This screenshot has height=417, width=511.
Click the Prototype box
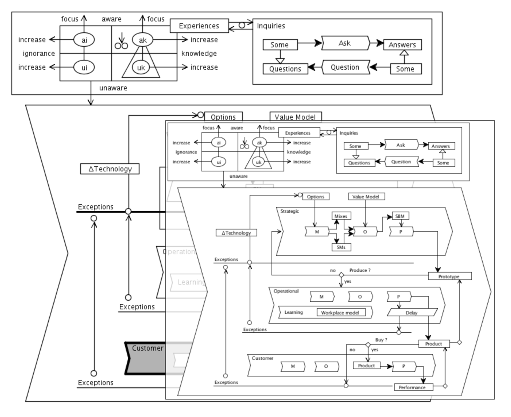450,276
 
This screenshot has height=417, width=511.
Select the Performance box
413,387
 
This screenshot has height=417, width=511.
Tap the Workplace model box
341,312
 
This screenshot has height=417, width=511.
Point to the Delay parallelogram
412,312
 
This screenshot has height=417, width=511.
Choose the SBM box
400,216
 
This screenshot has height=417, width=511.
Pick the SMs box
341,247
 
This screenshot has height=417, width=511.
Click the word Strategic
290,211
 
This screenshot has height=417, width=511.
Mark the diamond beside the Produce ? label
342,275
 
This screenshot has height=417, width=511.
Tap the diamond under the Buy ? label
368,345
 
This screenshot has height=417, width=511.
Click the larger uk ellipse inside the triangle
141,68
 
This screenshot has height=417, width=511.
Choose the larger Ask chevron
345,43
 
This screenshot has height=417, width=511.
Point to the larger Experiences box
199,26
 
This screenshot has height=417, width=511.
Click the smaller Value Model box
366,197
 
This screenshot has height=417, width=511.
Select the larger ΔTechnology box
110,169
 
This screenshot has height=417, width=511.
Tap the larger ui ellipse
84,68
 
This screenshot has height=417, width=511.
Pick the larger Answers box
402,45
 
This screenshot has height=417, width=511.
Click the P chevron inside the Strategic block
401,231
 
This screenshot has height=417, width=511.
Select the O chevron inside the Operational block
360,297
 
